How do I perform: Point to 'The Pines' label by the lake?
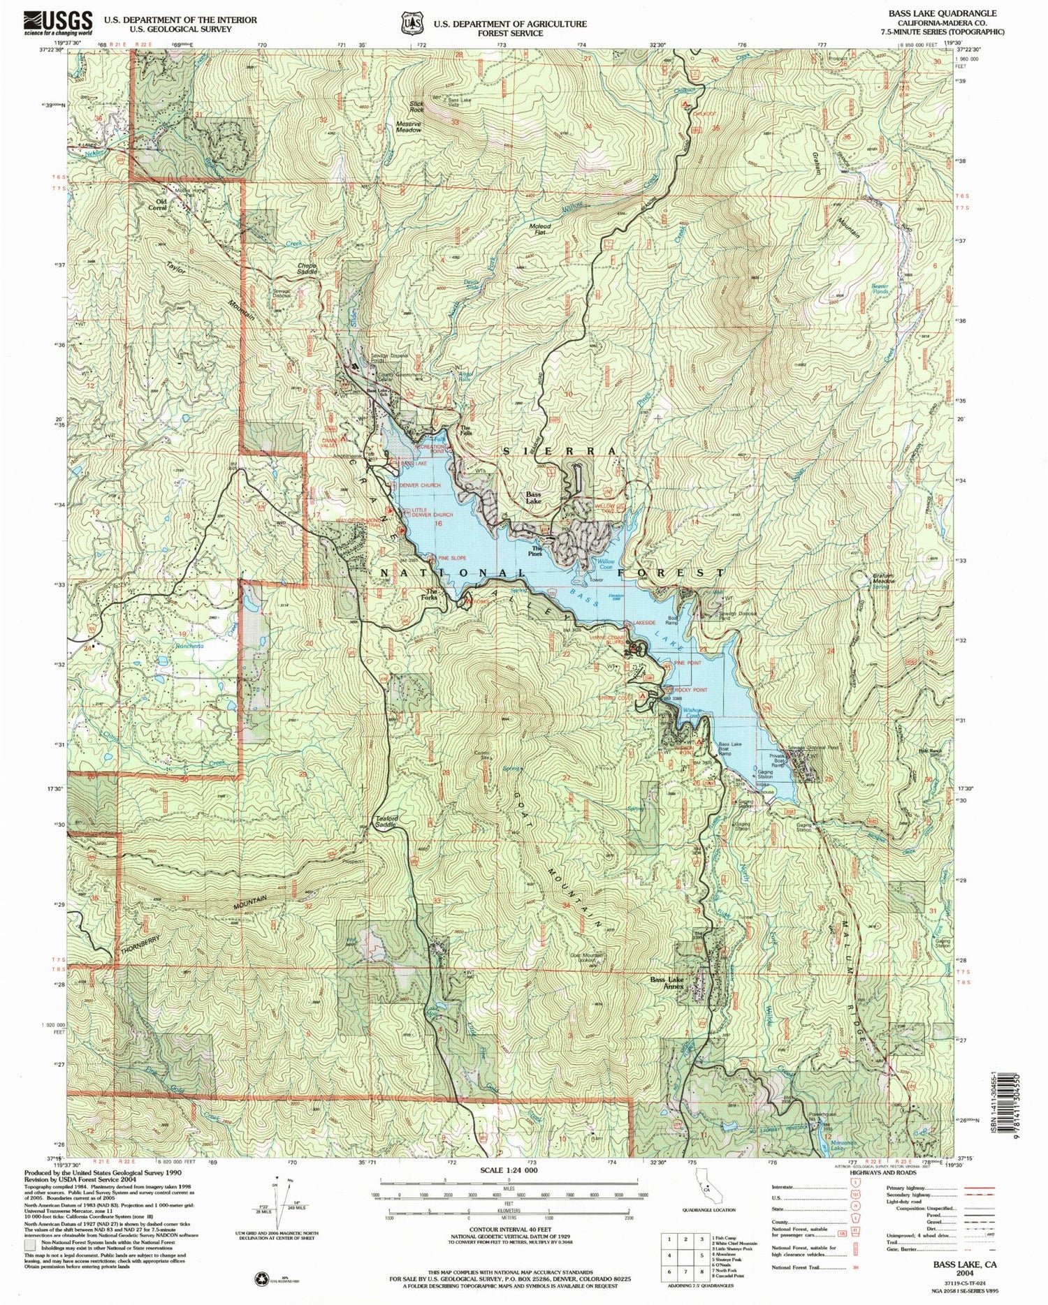[x=537, y=550]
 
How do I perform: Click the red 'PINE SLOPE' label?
[x=452, y=558]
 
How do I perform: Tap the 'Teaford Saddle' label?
[x=379, y=824]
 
